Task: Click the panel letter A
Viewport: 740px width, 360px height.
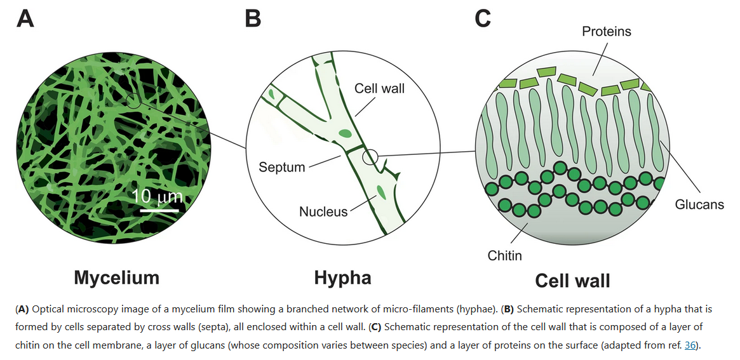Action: pyautogui.click(x=25, y=18)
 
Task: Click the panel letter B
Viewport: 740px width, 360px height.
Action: pyautogui.click(x=253, y=18)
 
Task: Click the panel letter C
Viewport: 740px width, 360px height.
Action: pyautogui.click(x=483, y=18)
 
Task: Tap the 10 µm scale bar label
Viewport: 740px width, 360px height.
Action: pyautogui.click(x=158, y=196)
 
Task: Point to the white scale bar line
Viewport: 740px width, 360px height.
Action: pyautogui.click(x=157, y=208)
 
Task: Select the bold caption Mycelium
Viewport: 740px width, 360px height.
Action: pyautogui.click(x=116, y=277)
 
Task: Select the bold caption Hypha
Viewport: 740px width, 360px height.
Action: pyautogui.click(x=342, y=277)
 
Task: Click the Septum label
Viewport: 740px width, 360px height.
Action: pyautogui.click(x=282, y=168)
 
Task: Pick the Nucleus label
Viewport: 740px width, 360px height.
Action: pyautogui.click(x=323, y=211)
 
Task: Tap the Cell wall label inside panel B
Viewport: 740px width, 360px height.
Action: pyautogui.click(x=379, y=89)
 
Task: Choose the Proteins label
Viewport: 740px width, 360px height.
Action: pyautogui.click(x=607, y=31)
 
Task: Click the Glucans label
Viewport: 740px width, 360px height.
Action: pyautogui.click(x=699, y=204)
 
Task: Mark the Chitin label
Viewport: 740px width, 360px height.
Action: pyautogui.click(x=505, y=255)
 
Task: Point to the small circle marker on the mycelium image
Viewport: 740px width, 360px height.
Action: pyautogui.click(x=133, y=100)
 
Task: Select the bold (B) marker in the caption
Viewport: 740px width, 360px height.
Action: pyautogui.click(x=508, y=310)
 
